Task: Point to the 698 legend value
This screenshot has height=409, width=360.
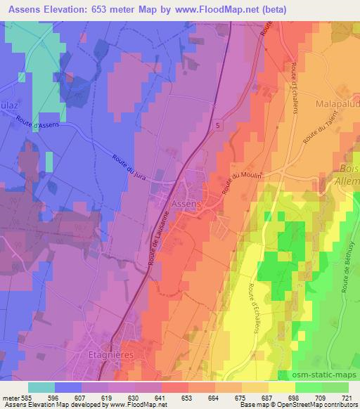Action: coord(282,396)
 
